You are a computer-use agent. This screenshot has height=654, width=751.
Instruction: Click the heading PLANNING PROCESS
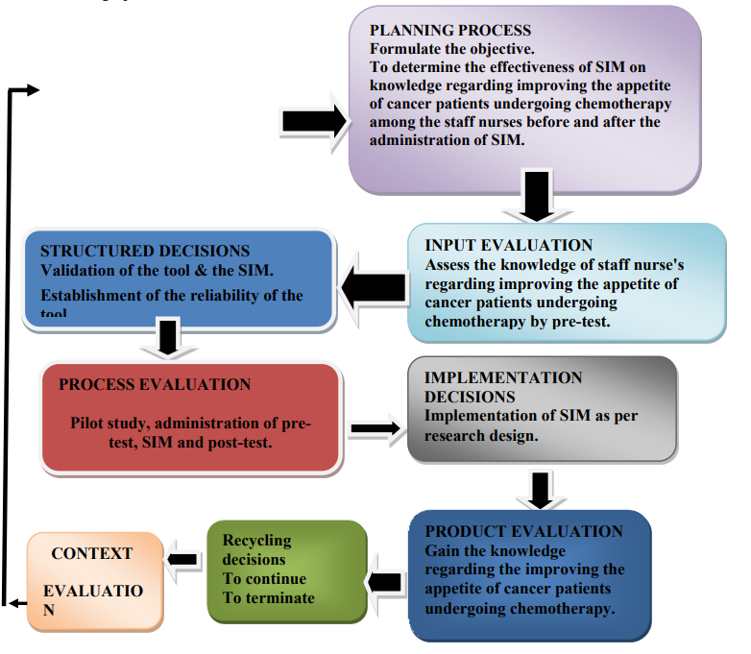pos(450,31)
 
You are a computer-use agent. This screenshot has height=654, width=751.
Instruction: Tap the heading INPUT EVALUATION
pos(509,246)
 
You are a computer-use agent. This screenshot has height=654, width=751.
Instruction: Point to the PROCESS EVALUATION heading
pos(155,385)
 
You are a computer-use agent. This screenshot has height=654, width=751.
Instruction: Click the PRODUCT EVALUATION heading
pos(523,531)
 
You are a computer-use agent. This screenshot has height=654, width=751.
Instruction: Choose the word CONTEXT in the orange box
pos(92,554)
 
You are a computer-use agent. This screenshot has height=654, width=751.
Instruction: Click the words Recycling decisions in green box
pos(255,550)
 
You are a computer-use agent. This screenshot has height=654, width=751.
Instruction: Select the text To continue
pos(264,579)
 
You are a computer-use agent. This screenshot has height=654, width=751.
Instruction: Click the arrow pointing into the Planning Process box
pos(313,121)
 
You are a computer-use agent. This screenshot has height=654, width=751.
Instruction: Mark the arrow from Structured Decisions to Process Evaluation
pos(169,338)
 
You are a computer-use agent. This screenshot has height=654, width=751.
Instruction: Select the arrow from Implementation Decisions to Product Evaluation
pos(541,487)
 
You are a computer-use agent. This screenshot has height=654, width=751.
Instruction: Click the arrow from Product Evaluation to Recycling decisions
pos(384,581)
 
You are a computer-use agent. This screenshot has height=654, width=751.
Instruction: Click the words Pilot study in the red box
pos(109,424)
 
